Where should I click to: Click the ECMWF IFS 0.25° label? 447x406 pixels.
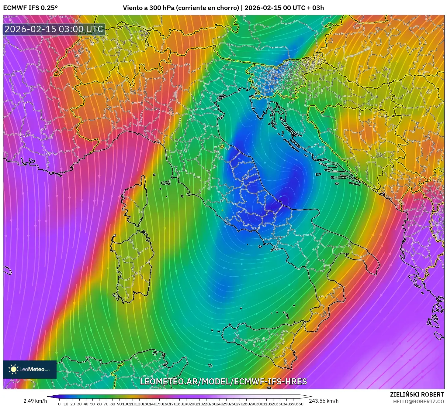[30, 8]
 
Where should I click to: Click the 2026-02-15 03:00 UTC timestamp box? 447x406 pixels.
[54, 29]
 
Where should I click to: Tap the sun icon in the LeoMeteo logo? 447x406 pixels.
[13, 369]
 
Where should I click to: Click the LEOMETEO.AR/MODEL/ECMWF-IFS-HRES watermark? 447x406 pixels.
[223, 382]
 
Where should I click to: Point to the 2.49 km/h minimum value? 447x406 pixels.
[35, 401]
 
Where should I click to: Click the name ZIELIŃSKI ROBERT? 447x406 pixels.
[417, 394]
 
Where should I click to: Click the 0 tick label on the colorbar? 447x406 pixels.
[59, 404]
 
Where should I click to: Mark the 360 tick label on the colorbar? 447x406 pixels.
[300, 404]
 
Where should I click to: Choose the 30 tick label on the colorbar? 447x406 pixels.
[79, 404]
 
